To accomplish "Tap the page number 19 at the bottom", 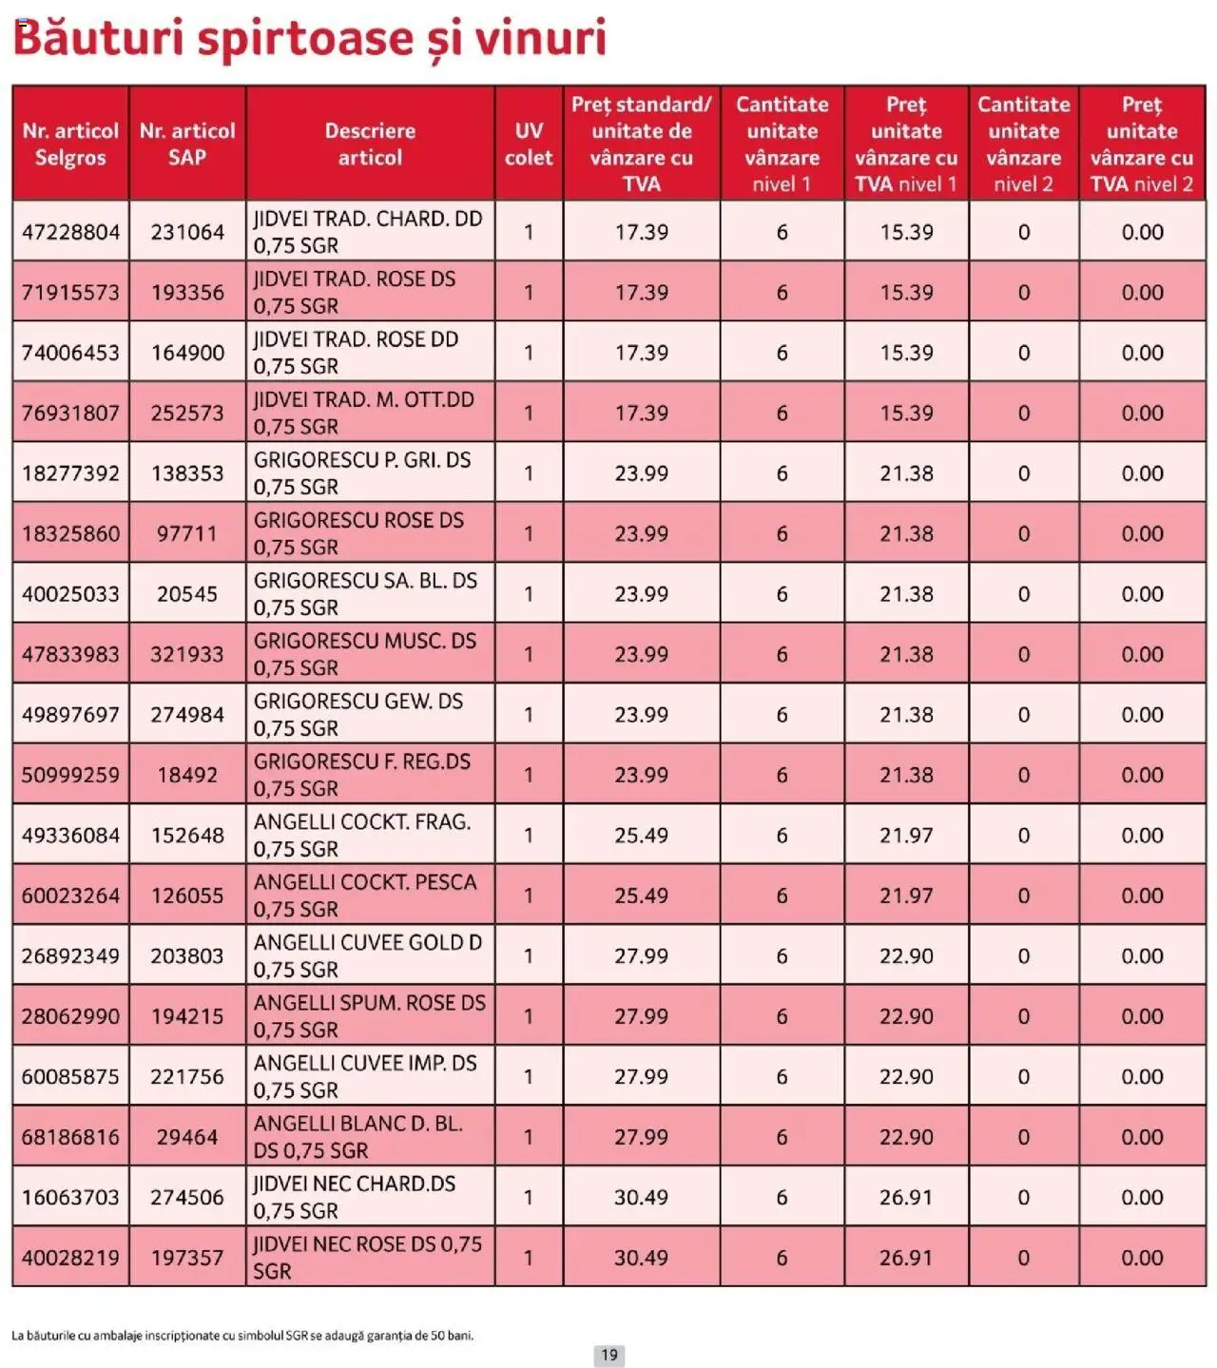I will click(609, 1355).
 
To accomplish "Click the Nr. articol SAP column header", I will click(187, 145).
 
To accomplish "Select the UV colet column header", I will click(529, 145).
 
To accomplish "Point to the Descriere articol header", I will click(370, 145).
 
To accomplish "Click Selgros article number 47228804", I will click(71, 232).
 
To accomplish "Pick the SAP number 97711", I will click(187, 534).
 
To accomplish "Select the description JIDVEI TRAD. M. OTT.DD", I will click(364, 414).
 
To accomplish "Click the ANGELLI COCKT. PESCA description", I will click(365, 896).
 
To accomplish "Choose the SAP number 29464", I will click(187, 1137).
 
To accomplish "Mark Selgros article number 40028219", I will click(71, 1258).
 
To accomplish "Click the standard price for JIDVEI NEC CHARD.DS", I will click(641, 1198).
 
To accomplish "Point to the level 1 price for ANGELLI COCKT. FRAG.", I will click(906, 836).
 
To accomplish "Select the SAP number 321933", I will click(187, 655).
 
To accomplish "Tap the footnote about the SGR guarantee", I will click(242, 1336).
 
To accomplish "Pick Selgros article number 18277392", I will click(71, 473).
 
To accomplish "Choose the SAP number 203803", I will click(187, 956).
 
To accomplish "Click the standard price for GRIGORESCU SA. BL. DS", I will click(641, 594).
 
